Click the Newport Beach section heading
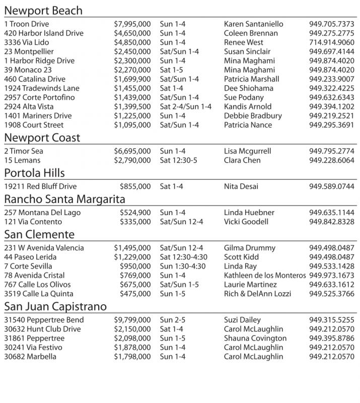(43, 11)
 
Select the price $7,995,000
(132, 24)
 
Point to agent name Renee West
(244, 43)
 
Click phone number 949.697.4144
(332, 52)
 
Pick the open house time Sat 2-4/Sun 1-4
(186, 107)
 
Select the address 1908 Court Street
(34, 125)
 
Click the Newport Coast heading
(42, 138)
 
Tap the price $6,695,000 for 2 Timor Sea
(132, 151)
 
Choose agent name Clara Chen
(242, 160)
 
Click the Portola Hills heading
(35, 173)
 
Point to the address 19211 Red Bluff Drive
(40, 186)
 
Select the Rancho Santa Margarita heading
(65, 199)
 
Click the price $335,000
(135, 222)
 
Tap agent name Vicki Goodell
(246, 222)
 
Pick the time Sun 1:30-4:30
(183, 266)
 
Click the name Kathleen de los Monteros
(265, 276)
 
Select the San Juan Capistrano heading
(55, 307)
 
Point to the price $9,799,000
(132, 320)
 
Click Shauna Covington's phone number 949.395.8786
(332, 339)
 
